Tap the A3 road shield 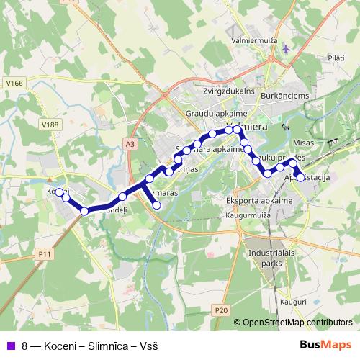tap(130, 144)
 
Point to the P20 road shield tap(221, 310)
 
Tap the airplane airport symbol tap(288, 49)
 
